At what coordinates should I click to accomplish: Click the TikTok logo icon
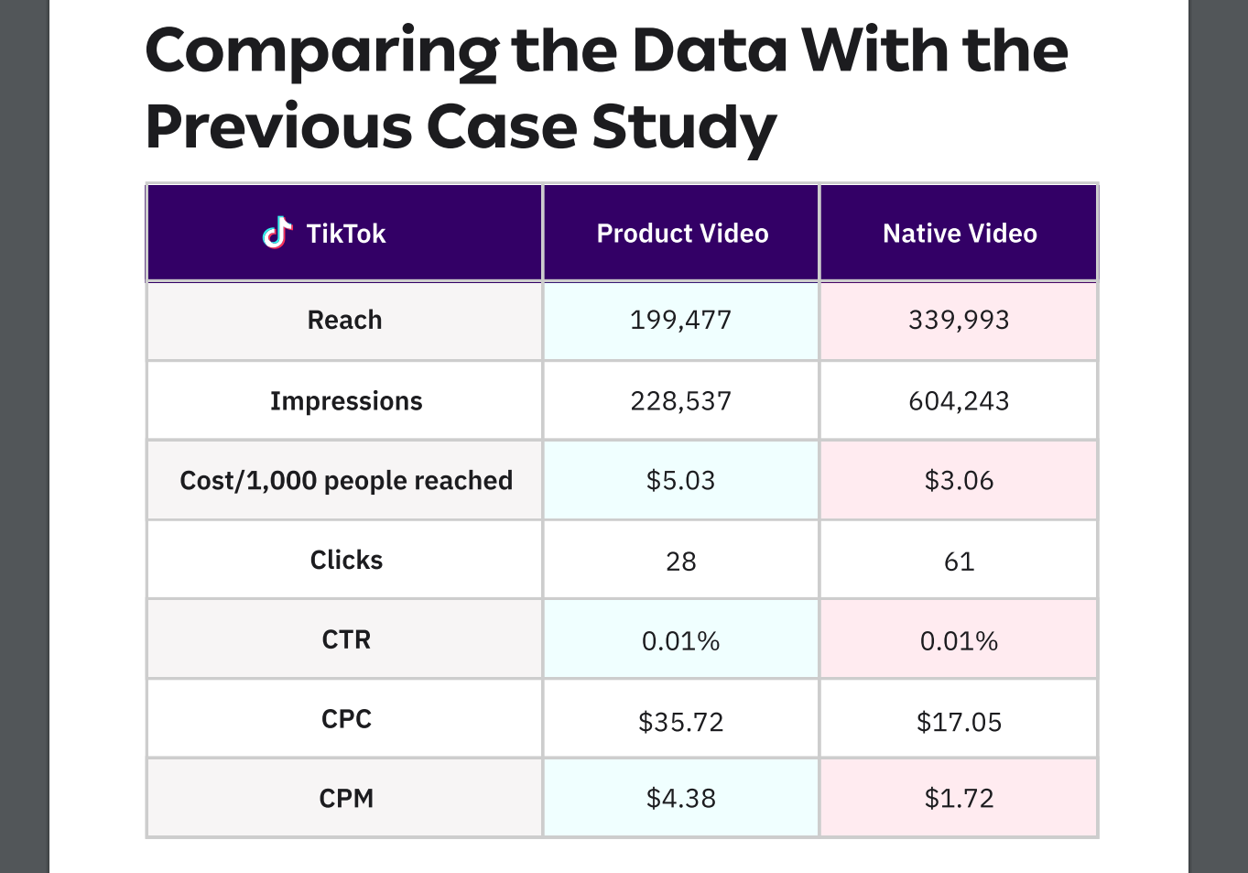click(x=277, y=233)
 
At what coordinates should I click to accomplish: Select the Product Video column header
click(x=682, y=234)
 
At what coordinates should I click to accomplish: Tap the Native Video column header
click(x=959, y=234)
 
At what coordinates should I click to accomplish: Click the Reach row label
click(x=344, y=321)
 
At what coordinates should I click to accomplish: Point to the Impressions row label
click(x=346, y=401)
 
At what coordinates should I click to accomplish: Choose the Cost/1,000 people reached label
click(x=346, y=481)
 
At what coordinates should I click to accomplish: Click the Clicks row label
click(x=346, y=561)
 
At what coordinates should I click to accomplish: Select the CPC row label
click(x=346, y=719)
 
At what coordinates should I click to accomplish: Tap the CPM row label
click(x=346, y=799)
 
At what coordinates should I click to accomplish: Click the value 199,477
click(x=680, y=321)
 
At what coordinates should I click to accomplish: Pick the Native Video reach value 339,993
click(x=959, y=321)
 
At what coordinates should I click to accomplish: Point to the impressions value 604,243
click(x=959, y=401)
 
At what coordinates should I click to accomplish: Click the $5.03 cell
click(x=680, y=481)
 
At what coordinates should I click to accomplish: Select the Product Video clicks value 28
click(x=680, y=562)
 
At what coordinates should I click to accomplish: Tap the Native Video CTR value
click(x=959, y=641)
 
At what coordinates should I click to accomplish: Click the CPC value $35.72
click(x=680, y=723)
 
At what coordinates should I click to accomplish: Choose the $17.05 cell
click(x=959, y=723)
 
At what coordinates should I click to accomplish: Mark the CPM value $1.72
click(x=959, y=799)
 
